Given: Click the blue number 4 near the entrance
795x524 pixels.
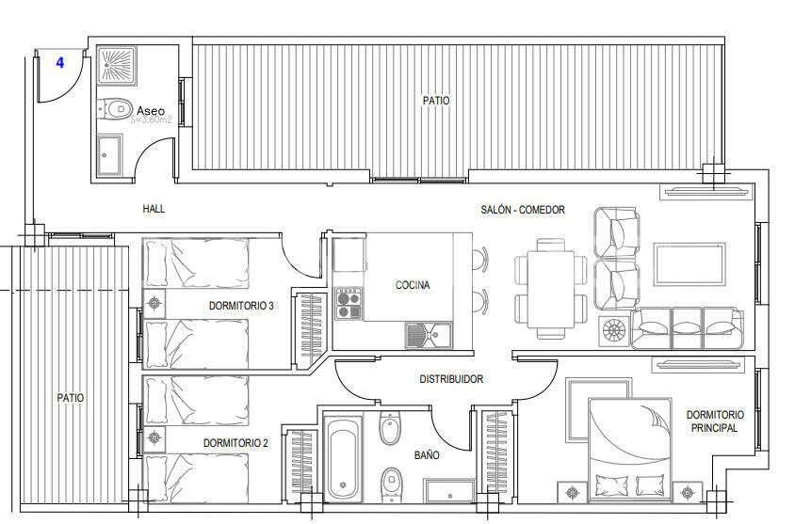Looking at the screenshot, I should tap(60, 63).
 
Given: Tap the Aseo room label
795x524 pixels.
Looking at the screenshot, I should tap(151, 110).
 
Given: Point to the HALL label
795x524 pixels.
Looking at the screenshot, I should tap(154, 209).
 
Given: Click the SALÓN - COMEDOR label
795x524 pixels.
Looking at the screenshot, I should tap(522, 210).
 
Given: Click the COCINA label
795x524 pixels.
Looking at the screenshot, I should tap(413, 285).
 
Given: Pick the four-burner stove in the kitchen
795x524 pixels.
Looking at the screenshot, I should tap(349, 303).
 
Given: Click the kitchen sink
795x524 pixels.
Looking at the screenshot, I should tap(429, 334).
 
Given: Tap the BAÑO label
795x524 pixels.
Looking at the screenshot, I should tap(427, 454).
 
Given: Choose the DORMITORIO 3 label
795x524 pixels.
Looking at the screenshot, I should tap(241, 306).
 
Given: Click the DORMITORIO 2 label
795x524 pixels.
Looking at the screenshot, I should tap(235, 442).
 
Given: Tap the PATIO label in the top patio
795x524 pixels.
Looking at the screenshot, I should tap(436, 100).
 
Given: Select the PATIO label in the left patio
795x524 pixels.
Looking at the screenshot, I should tap(70, 398).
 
